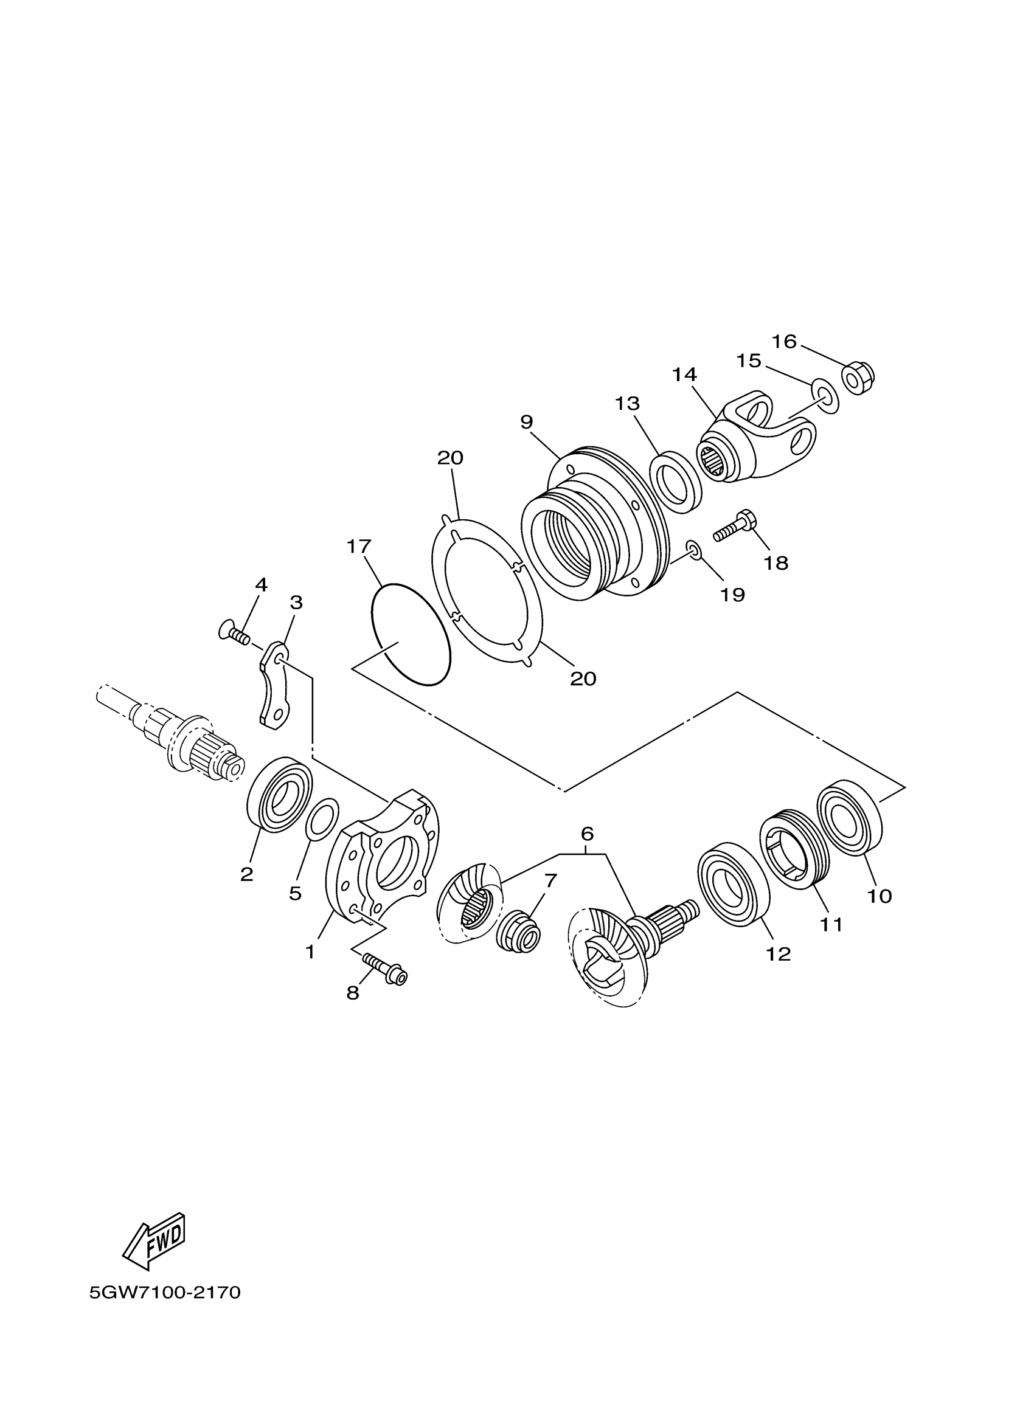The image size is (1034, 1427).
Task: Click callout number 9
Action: [x=527, y=422]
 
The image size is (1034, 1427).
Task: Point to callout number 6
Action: [x=586, y=834]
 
